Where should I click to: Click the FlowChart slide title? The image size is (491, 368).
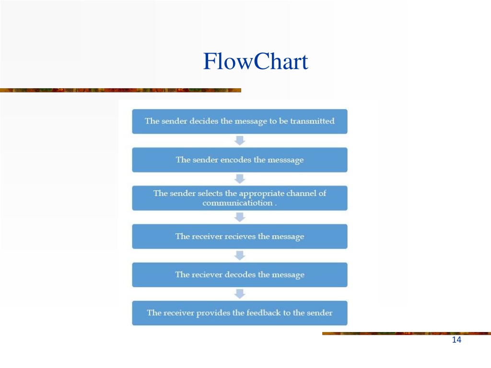(x=256, y=61)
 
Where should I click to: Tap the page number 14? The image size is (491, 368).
(x=456, y=340)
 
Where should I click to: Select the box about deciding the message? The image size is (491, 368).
(x=240, y=121)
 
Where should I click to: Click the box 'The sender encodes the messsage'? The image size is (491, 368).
(x=240, y=160)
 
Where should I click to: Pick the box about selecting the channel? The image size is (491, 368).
(x=240, y=198)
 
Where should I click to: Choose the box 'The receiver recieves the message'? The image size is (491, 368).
(x=240, y=237)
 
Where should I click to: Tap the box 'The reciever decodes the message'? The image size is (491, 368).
(x=240, y=275)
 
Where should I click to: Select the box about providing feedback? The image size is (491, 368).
(x=240, y=313)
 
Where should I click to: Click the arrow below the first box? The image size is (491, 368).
(x=240, y=140)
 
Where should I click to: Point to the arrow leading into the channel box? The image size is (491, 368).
(x=240, y=179)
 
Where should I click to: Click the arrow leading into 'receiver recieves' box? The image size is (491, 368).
(x=240, y=217)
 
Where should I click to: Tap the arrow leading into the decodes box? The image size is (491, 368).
(x=240, y=256)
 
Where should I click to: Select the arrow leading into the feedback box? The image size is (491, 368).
(x=240, y=294)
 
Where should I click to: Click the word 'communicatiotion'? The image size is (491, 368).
(x=237, y=203)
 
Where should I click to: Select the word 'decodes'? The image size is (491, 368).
(x=240, y=275)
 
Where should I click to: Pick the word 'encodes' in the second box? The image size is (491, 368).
(x=236, y=160)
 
